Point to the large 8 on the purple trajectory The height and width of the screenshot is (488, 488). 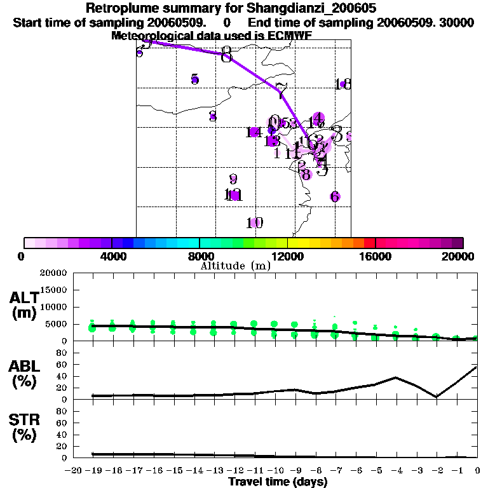pyautogui.click(x=226, y=55)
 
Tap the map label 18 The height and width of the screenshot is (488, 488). pyautogui.click(x=343, y=84)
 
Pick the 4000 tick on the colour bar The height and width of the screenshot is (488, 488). pyautogui.click(x=112, y=257)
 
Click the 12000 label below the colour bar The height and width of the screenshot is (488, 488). pyautogui.click(x=287, y=257)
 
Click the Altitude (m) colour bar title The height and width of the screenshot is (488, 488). pyautogui.click(x=235, y=266)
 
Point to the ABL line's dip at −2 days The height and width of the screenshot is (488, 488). pyautogui.click(x=437, y=396)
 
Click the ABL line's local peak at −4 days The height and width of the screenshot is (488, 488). pyautogui.click(x=395, y=377)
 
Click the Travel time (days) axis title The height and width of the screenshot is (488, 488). pyautogui.click(x=278, y=482)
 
